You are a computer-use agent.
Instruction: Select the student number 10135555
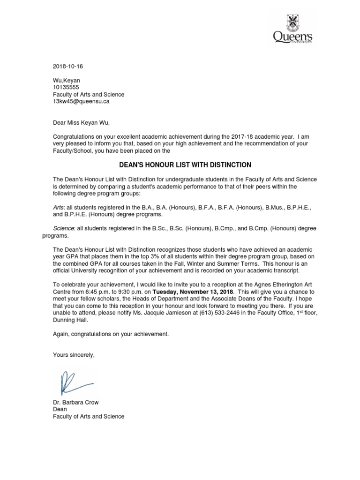point(66,87)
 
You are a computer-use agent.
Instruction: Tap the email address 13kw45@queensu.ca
point(82,101)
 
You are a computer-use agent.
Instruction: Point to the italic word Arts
point(59,207)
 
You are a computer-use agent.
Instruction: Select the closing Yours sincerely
point(74,355)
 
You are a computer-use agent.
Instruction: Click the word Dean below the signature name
point(60,409)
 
